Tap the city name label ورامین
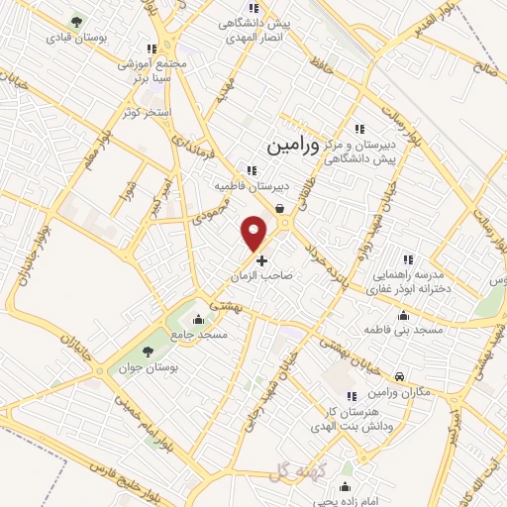[294, 146]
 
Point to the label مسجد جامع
[200, 336]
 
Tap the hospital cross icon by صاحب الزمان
[261, 260]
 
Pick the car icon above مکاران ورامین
[398, 377]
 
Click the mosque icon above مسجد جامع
[200, 319]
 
